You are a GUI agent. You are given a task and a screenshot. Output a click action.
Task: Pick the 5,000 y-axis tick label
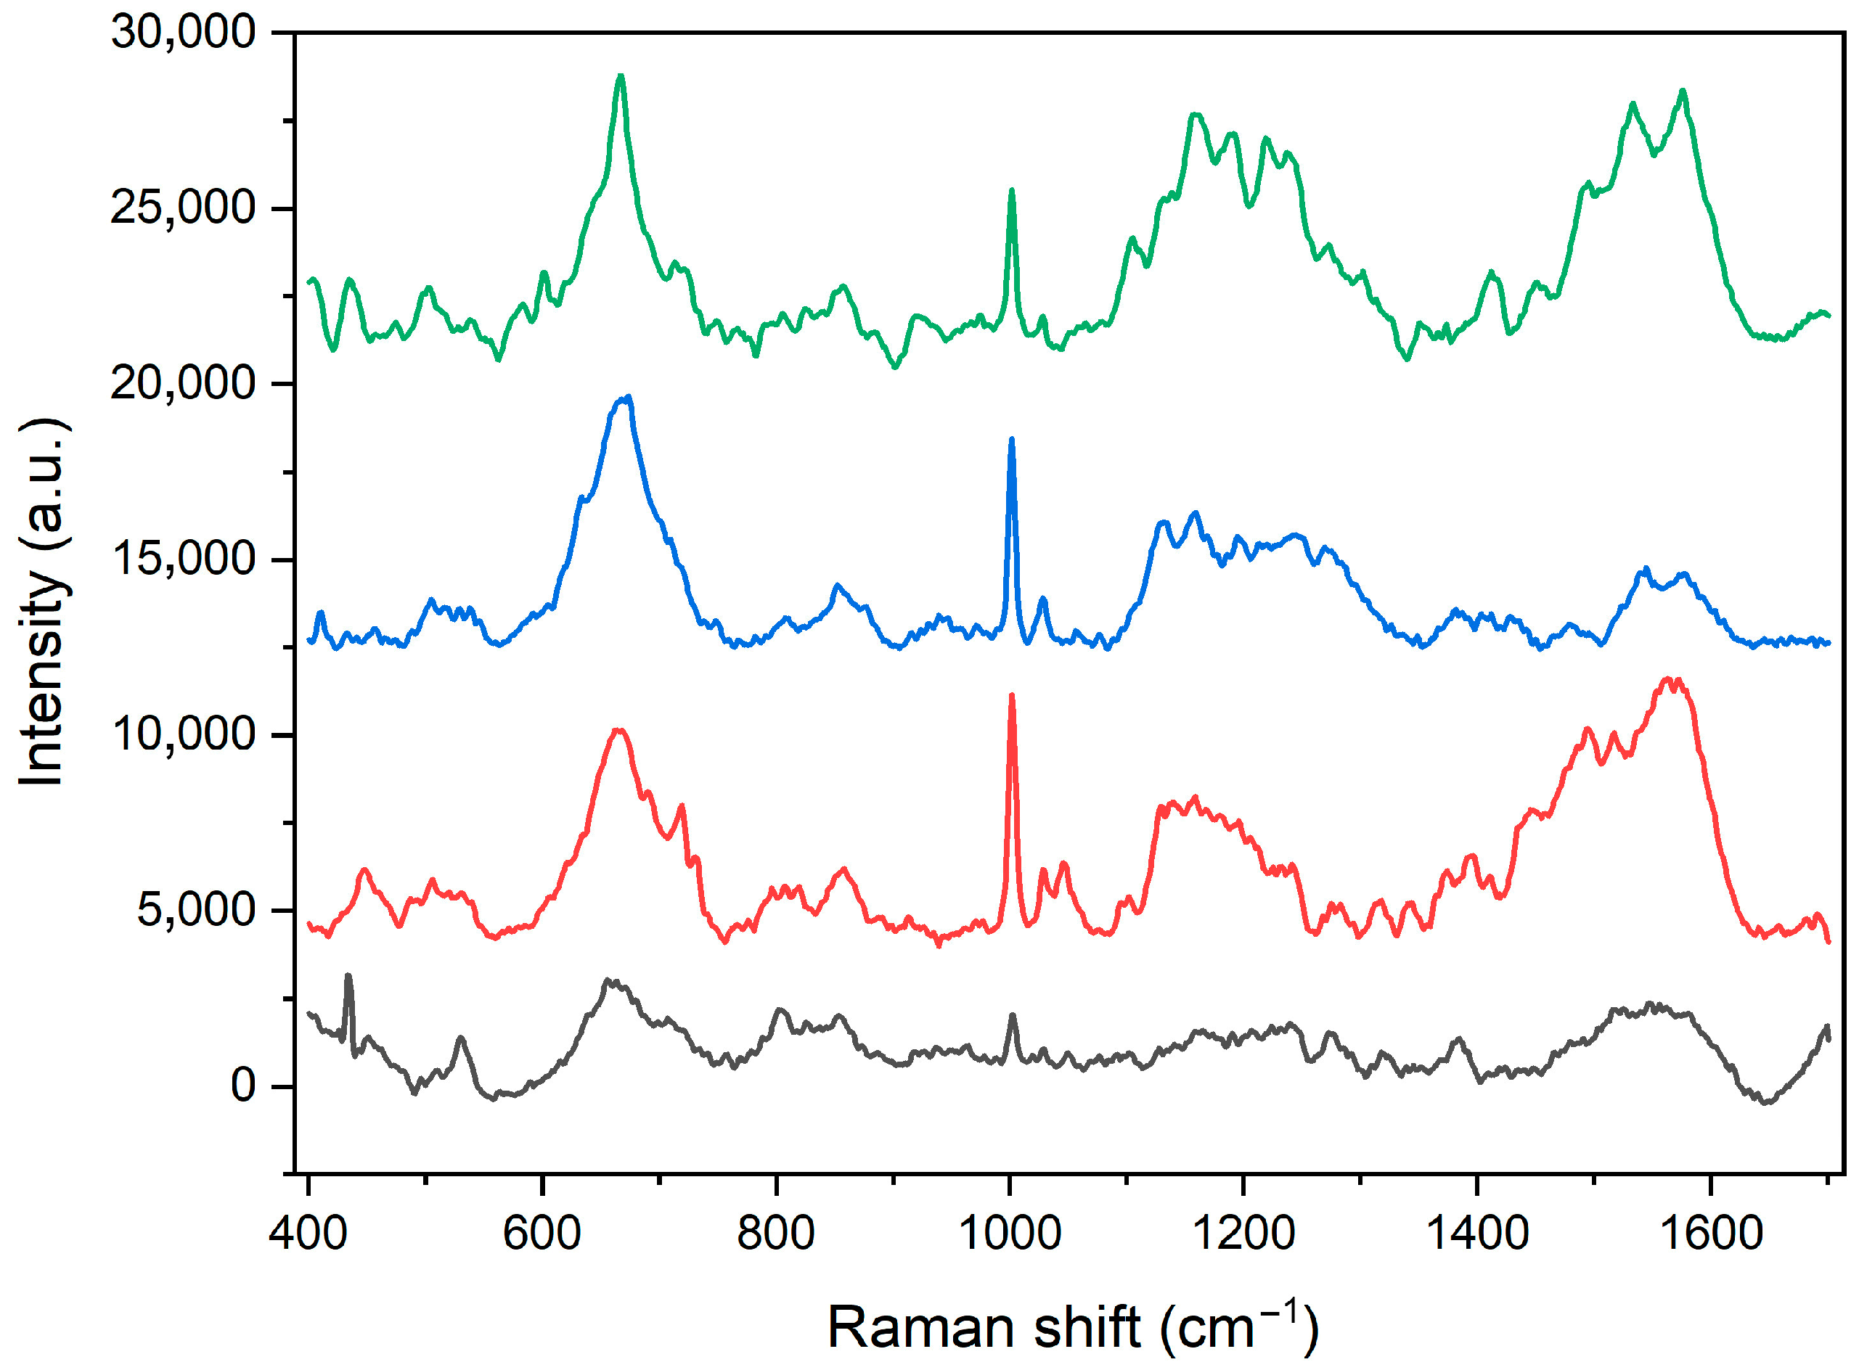coord(196,911)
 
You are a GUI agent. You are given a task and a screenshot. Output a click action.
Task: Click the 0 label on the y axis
coord(243,1086)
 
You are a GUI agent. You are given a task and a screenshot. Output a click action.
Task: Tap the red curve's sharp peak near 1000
coord(1011,697)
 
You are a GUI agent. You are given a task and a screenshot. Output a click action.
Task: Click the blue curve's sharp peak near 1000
coord(1011,440)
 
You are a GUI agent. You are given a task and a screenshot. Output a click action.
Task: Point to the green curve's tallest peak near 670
coord(620,77)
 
